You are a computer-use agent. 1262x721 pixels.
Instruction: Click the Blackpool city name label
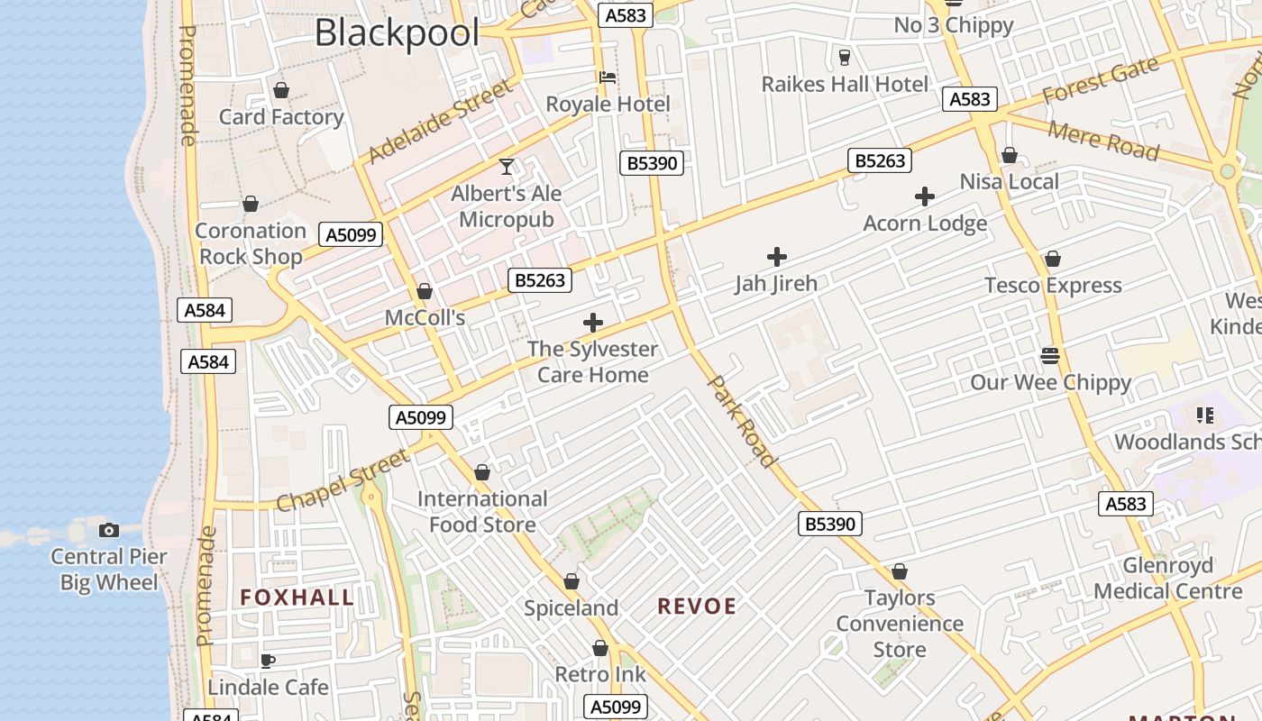click(397, 34)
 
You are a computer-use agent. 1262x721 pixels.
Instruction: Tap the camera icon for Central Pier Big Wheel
click(109, 530)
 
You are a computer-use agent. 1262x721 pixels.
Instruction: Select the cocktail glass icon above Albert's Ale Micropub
click(507, 167)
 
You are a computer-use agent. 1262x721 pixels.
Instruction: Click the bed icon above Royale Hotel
click(608, 78)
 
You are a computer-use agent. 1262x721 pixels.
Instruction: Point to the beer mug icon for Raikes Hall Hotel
click(844, 58)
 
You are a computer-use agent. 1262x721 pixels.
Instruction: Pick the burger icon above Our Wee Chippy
click(1049, 355)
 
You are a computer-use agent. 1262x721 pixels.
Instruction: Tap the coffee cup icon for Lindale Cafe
click(268, 661)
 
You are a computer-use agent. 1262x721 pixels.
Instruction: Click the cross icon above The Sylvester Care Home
click(593, 322)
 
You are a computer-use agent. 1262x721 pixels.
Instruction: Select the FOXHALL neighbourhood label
click(297, 598)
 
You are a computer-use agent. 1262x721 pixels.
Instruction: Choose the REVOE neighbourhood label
click(697, 607)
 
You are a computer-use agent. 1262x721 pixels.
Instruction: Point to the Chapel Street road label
click(343, 480)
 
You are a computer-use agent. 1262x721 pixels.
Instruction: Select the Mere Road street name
click(1102, 139)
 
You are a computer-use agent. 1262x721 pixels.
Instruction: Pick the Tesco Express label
click(1053, 286)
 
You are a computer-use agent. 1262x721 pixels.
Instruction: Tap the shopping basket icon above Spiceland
click(571, 582)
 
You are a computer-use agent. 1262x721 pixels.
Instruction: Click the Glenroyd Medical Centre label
click(1168, 579)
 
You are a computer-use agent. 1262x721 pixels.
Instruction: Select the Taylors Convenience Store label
click(900, 624)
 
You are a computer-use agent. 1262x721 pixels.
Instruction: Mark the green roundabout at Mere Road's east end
click(1227, 171)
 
